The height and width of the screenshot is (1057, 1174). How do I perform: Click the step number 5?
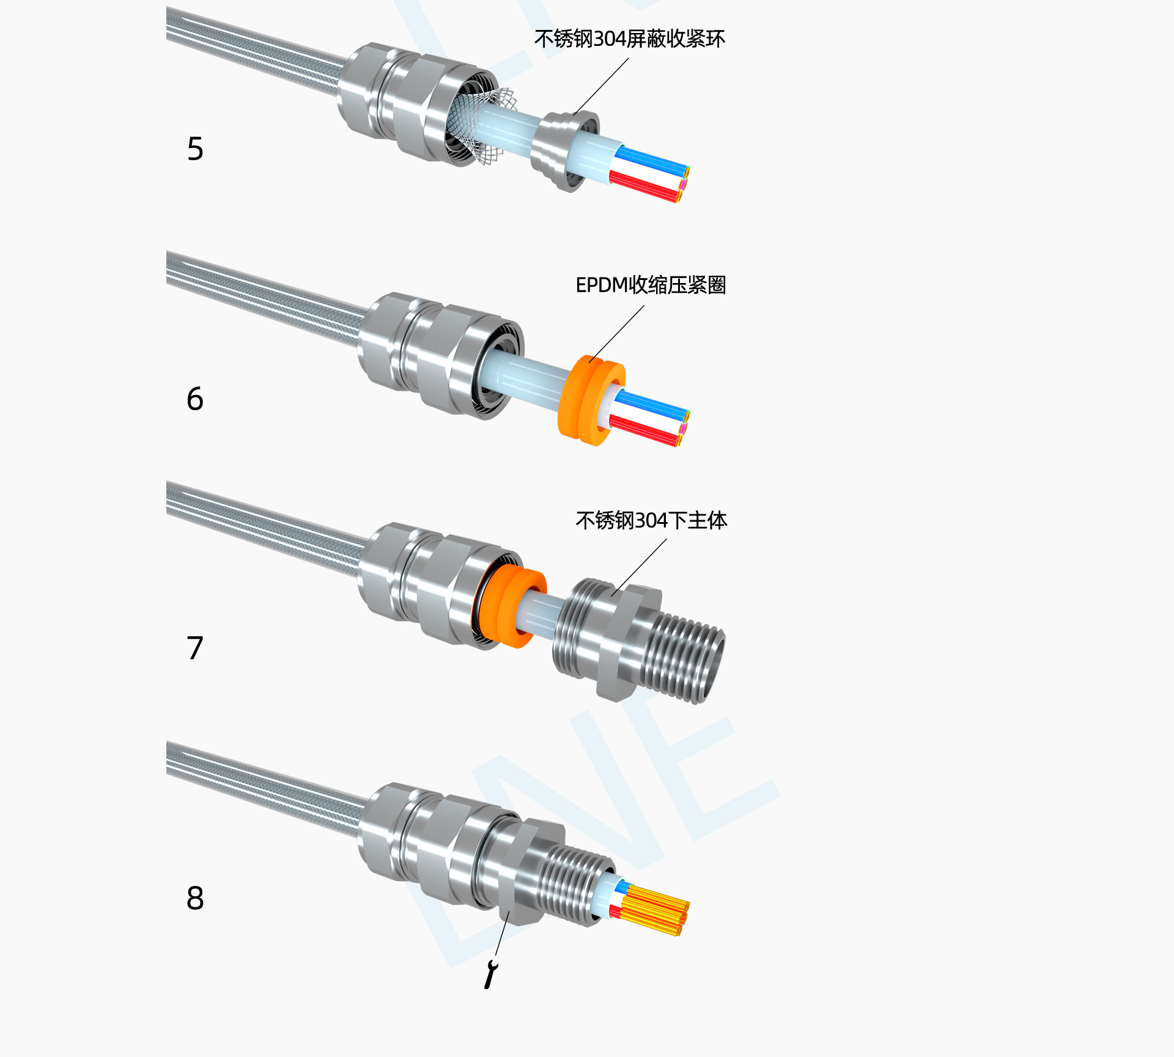[x=195, y=149]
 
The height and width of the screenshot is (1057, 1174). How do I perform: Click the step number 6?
[x=195, y=399]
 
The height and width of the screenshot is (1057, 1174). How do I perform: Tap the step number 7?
[x=195, y=648]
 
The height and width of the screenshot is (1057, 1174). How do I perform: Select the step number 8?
[x=195, y=898]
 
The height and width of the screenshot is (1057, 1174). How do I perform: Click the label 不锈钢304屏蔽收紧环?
[x=629, y=39]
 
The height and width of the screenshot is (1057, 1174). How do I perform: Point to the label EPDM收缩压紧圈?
[x=651, y=285]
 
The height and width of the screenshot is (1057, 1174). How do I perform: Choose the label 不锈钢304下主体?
[x=651, y=520]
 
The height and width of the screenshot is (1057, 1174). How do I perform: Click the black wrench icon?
[x=490, y=974]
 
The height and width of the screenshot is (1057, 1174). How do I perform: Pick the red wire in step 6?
[x=645, y=431]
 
